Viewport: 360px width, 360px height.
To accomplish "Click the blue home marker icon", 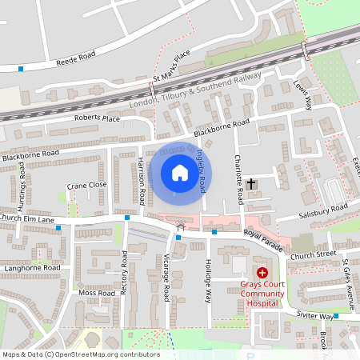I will click(x=179, y=174).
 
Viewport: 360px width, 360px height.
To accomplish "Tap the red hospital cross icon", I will click(x=262, y=273).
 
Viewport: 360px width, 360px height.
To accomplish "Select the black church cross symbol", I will click(x=251, y=184).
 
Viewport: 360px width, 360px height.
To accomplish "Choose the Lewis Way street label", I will click(x=302, y=96).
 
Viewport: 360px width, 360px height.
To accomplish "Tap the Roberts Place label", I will click(x=97, y=118).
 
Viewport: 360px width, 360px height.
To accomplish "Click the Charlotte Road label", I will click(x=238, y=177).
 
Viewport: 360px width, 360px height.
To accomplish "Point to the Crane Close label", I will click(x=86, y=185).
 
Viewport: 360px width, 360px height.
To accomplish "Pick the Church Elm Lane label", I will click(x=26, y=218).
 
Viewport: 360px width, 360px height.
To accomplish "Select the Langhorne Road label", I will click(x=30, y=267).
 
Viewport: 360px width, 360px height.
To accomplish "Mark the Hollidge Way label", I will click(x=206, y=279).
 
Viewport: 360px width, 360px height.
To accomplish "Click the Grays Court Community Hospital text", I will click(x=262, y=293).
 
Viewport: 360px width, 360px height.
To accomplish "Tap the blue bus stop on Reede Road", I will click(x=20, y=69).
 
